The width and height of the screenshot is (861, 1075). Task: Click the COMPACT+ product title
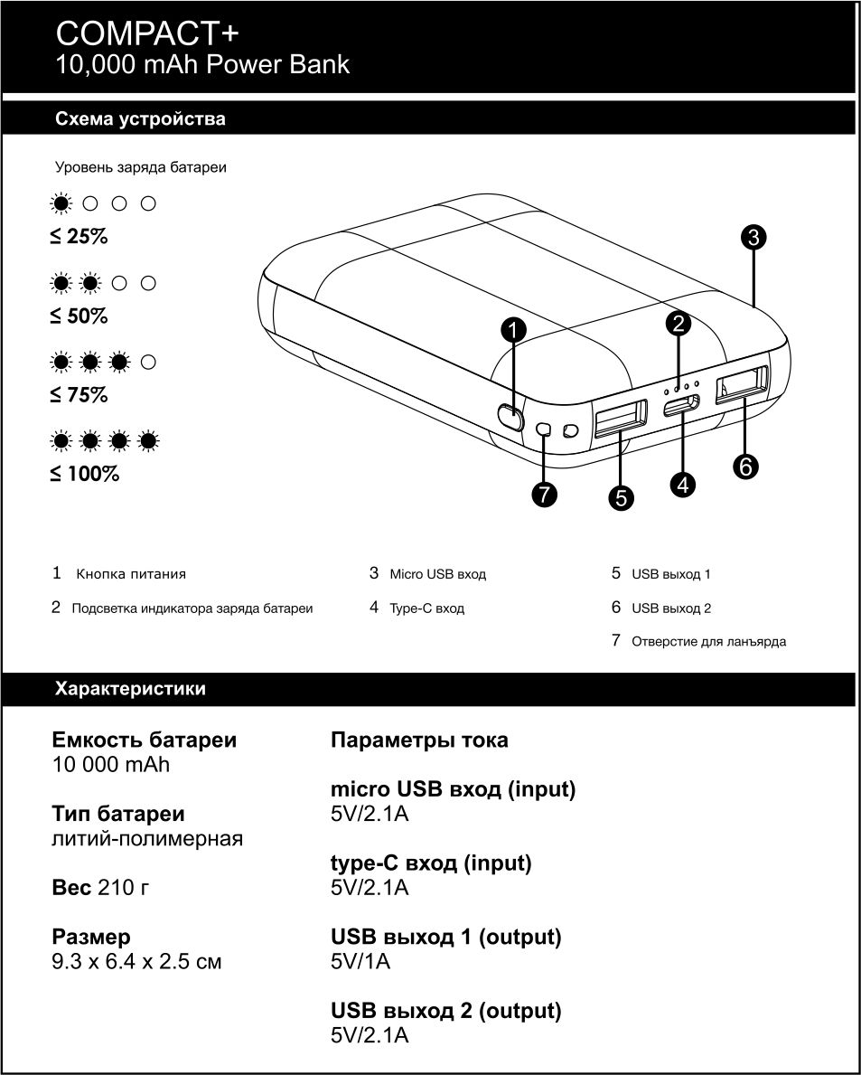[148, 33]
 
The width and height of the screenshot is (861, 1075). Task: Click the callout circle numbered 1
[513, 330]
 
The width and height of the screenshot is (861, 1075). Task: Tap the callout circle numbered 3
[753, 237]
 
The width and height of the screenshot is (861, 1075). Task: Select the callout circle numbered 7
[544, 494]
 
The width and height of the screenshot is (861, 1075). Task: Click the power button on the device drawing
[510, 417]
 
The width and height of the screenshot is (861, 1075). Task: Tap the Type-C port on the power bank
[680, 406]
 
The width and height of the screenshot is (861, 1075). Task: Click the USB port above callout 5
[621, 419]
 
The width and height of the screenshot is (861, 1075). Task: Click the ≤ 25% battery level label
[79, 237]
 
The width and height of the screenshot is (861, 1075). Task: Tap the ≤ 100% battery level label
[84, 473]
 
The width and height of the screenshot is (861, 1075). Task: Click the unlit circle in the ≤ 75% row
[149, 363]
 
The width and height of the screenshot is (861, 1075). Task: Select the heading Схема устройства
[140, 119]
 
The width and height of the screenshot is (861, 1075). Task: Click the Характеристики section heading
[130, 689]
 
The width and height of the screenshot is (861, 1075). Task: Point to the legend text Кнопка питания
[131, 573]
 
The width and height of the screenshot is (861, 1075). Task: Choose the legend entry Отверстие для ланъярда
[708, 642]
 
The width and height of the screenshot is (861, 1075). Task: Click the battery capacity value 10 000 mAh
[111, 765]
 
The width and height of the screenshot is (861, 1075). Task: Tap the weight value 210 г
[123, 888]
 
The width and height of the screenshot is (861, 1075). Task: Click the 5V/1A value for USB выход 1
[360, 961]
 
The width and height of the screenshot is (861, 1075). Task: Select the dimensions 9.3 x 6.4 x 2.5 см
[136, 961]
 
